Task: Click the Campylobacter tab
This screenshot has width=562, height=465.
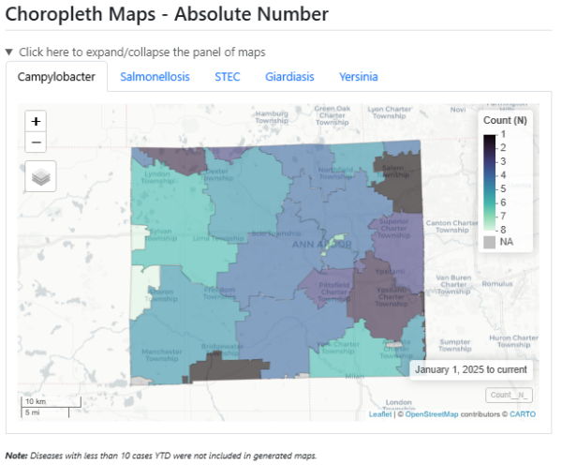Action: (x=56, y=77)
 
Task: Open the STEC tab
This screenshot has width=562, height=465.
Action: (x=227, y=77)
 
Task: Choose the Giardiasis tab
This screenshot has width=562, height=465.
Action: (x=289, y=77)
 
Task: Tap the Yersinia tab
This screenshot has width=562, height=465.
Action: (x=359, y=77)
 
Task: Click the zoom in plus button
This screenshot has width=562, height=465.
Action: (x=37, y=121)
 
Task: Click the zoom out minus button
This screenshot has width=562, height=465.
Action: (x=37, y=142)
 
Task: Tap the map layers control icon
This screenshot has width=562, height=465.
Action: (x=40, y=175)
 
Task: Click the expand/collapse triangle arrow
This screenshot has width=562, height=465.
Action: (x=9, y=52)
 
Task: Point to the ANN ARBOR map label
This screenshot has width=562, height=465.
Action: (x=321, y=245)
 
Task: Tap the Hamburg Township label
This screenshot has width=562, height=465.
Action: (x=272, y=117)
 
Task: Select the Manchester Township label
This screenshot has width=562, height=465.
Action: (x=162, y=354)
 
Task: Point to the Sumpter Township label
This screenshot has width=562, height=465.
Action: (x=455, y=344)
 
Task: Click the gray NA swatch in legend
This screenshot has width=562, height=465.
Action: (x=489, y=242)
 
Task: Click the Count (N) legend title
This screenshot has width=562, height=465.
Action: (x=505, y=120)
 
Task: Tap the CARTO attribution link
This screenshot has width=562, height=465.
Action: (x=523, y=413)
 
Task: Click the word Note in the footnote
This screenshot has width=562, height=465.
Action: (x=16, y=456)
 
